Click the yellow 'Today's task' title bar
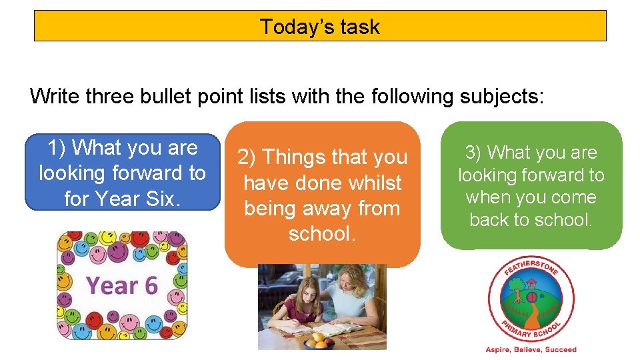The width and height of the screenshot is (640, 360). [320, 26]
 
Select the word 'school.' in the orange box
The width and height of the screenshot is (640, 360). [322, 234]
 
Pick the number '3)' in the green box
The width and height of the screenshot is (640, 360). [473, 153]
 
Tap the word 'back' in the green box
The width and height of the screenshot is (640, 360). [489, 219]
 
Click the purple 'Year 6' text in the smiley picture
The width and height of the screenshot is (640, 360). [122, 286]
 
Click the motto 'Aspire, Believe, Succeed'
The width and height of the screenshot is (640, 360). [531, 349]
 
